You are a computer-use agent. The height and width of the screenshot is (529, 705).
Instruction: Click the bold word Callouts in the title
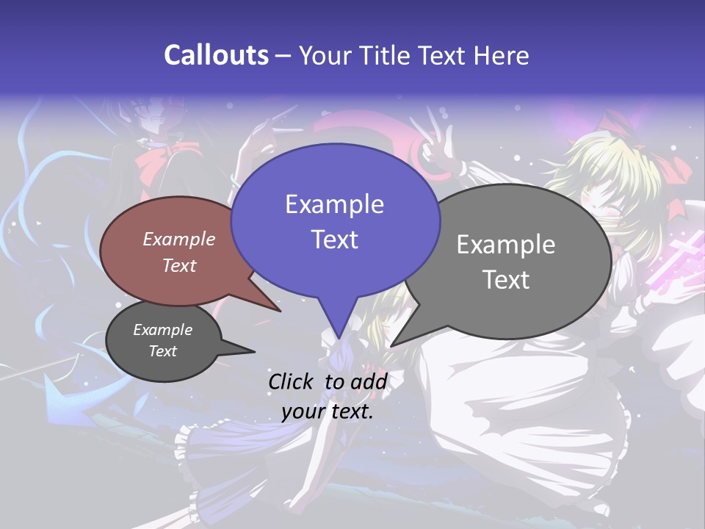(216, 56)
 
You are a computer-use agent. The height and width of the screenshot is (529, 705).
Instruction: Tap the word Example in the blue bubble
(334, 204)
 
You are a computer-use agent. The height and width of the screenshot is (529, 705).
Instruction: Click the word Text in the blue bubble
(334, 240)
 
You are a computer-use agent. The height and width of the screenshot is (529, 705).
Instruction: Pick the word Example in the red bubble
(178, 239)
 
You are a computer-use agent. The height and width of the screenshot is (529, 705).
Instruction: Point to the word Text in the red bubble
(178, 265)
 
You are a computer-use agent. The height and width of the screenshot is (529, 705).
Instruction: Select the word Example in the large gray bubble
(506, 245)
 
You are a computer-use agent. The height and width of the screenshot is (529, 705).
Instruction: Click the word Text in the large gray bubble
(506, 280)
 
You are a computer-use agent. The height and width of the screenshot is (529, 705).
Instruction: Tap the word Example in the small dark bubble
(162, 330)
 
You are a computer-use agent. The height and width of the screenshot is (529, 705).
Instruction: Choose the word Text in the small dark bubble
(162, 351)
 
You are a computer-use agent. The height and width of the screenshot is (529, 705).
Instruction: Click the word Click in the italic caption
(292, 381)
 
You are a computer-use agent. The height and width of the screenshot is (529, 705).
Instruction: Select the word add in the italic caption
(369, 381)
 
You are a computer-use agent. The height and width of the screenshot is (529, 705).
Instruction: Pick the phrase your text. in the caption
(327, 411)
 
